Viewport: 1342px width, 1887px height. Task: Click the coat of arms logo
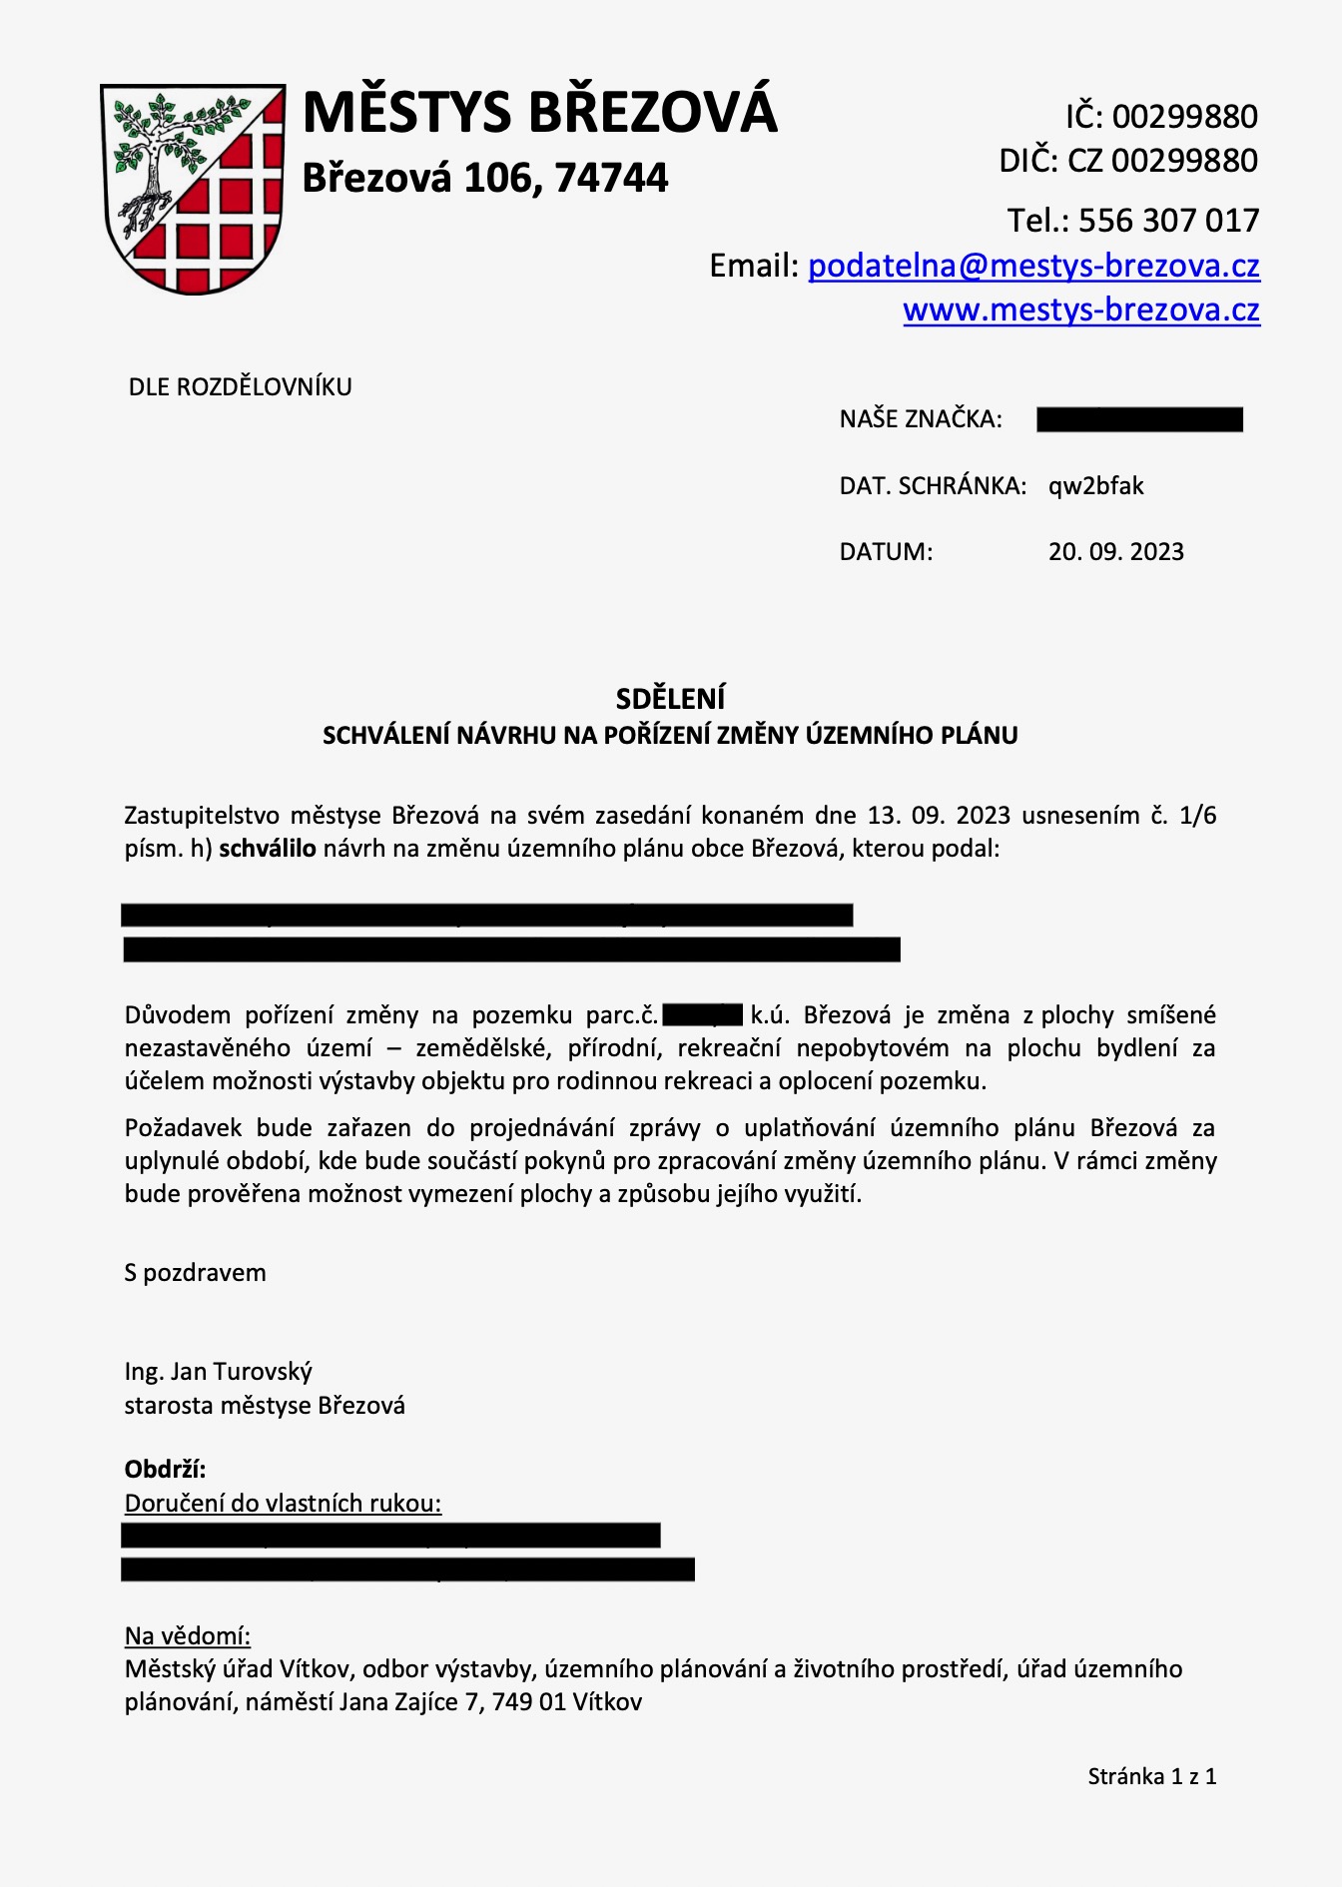[x=193, y=189]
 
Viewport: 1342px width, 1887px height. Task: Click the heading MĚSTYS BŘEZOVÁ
[x=539, y=112]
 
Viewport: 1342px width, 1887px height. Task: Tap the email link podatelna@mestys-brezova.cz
[x=1033, y=266]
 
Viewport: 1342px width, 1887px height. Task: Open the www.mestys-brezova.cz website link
[x=1081, y=311]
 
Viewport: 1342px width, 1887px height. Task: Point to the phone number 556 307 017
[x=1168, y=221]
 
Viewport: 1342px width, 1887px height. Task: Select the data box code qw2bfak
[x=1095, y=486]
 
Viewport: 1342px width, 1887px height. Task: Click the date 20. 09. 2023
[x=1115, y=552]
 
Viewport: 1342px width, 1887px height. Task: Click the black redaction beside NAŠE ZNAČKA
[x=1139, y=419]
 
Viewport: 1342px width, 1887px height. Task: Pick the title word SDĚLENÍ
[x=670, y=698]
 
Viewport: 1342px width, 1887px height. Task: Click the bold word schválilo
[x=268, y=849]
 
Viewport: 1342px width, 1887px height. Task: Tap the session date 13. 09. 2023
[x=939, y=816]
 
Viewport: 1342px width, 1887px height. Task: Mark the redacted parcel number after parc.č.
[x=702, y=1015]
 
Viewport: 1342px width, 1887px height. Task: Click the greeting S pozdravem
[x=196, y=1273]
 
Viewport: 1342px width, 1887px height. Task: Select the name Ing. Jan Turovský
[x=219, y=1372]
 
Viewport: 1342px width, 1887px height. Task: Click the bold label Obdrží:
[x=165, y=1470]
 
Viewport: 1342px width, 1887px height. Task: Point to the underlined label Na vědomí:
[x=188, y=1635]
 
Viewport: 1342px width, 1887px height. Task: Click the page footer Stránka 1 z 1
[x=1151, y=1776]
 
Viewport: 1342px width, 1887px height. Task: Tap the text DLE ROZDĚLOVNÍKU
[x=241, y=387]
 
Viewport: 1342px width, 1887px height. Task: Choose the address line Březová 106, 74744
[x=485, y=178]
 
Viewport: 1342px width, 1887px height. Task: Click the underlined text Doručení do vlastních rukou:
[x=283, y=1504]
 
